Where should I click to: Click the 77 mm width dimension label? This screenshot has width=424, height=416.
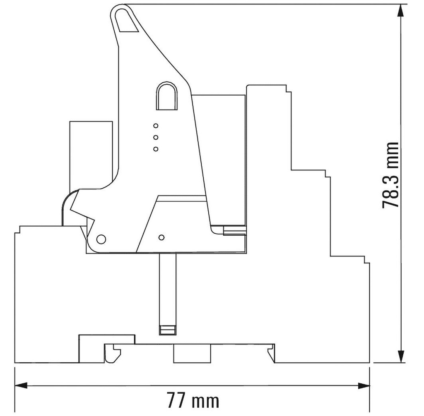(x=193, y=400)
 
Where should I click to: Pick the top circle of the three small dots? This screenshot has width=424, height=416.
(x=156, y=126)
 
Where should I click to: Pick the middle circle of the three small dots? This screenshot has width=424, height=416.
(x=156, y=137)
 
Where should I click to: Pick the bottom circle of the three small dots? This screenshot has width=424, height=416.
(x=156, y=149)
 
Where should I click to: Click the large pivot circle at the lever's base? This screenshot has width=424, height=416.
(x=101, y=239)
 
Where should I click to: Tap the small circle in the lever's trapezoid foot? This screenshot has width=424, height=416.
(x=161, y=237)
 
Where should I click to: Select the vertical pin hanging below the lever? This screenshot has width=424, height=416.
(x=167, y=289)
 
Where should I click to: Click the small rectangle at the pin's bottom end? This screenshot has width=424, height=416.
(x=167, y=330)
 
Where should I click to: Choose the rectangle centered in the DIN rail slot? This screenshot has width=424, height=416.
(x=192, y=354)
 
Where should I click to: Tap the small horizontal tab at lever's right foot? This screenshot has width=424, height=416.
(x=234, y=230)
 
